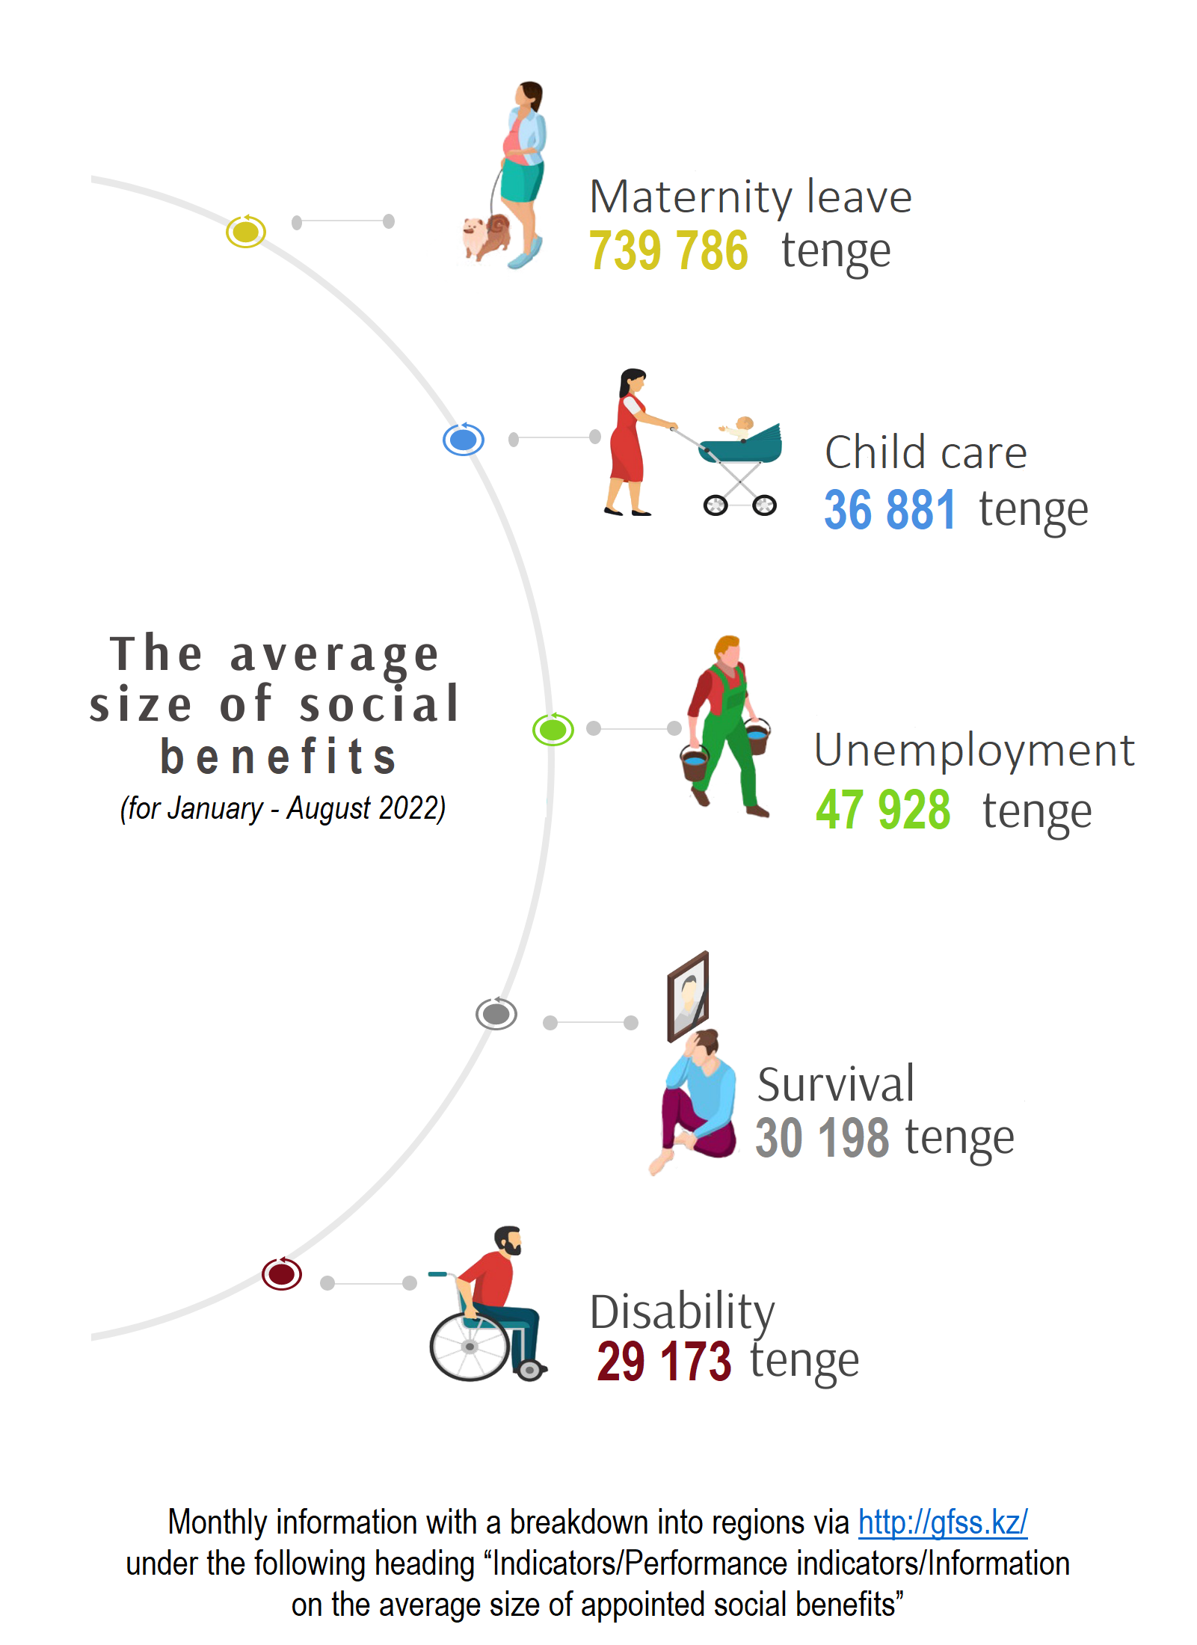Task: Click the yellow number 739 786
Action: [x=668, y=250]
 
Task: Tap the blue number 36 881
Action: [x=889, y=510]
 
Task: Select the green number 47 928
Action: [x=882, y=810]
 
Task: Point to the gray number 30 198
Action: [x=822, y=1138]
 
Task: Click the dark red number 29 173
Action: [x=663, y=1361]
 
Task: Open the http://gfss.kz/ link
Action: [x=942, y=1522]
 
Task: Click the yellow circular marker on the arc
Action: [x=246, y=232]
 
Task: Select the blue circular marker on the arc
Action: [x=464, y=440]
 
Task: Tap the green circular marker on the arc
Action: [x=553, y=729]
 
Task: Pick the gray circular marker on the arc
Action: [x=496, y=1014]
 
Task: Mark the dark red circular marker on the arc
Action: [x=282, y=1273]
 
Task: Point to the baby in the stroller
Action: [x=740, y=427]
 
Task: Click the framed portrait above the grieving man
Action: [x=688, y=996]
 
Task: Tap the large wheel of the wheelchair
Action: [x=470, y=1347]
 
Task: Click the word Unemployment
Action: [x=973, y=750]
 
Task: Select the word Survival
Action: [x=835, y=1084]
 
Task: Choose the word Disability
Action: [x=682, y=1312]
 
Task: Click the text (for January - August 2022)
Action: [x=283, y=808]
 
